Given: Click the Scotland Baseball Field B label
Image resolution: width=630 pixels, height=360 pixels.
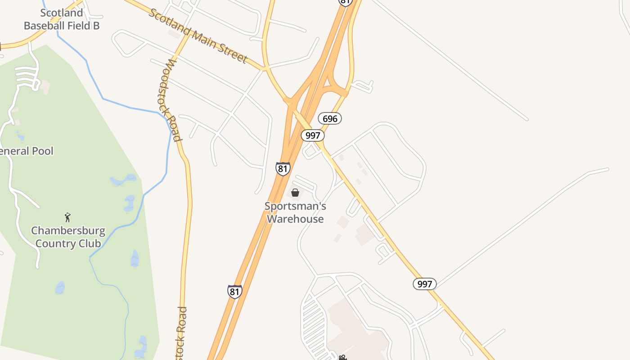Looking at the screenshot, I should (x=62, y=19).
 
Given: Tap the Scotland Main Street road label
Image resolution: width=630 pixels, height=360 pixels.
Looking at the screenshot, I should (x=198, y=36).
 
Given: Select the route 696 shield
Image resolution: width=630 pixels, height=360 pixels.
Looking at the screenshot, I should (x=330, y=119).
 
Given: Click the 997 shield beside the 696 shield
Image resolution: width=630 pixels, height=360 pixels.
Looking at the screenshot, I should (x=313, y=135).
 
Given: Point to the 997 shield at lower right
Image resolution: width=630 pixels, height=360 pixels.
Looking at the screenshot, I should (x=424, y=284).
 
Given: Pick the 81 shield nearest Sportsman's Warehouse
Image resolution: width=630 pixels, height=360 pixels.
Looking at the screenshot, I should (x=283, y=169).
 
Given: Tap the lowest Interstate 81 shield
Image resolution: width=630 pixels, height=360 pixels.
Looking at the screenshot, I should (x=234, y=292).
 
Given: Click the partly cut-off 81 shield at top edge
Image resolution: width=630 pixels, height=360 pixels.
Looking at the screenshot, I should (x=345, y=2).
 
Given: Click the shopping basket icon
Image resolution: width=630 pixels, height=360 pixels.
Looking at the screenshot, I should (x=295, y=193).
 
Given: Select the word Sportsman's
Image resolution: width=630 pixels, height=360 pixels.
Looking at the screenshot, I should (x=295, y=206).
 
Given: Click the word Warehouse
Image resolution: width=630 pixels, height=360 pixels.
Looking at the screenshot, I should (x=295, y=219).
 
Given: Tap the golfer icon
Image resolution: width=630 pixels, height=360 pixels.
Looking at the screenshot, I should (x=67, y=217).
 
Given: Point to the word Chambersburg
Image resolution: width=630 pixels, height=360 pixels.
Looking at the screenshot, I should (x=68, y=231).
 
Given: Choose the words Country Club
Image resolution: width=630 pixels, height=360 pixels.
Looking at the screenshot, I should (x=68, y=243).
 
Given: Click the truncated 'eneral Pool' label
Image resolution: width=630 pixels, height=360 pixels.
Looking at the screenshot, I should (x=27, y=151).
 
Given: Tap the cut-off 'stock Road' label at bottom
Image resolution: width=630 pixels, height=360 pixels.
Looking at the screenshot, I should (x=182, y=333).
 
